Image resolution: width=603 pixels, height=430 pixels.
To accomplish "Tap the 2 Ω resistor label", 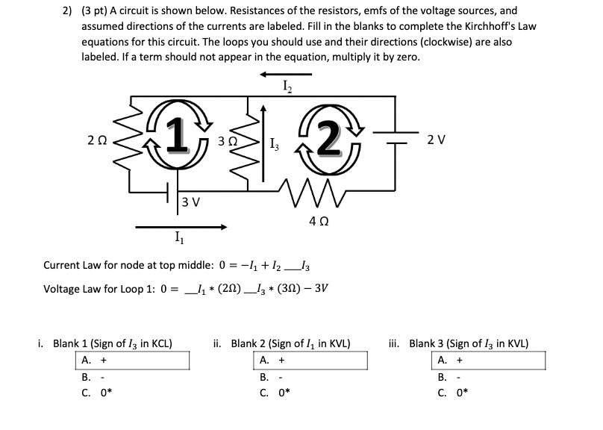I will click(97, 140).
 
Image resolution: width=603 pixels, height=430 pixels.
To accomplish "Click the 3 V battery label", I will click(191, 202).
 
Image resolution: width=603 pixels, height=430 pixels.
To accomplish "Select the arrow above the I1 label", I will click(181, 226).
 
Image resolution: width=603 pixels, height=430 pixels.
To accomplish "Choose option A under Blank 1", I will click(87, 361).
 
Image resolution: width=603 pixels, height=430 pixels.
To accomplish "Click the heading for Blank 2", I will click(282, 343).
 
